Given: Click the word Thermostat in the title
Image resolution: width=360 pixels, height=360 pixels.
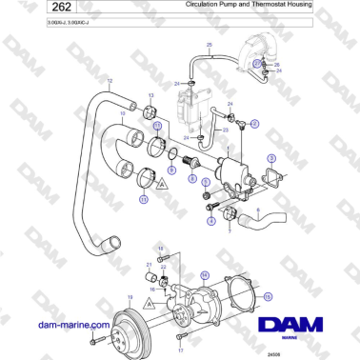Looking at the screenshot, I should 269,6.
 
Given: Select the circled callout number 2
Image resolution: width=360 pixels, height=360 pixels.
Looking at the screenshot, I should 253,124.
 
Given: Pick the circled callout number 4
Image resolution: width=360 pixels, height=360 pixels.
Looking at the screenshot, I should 210,222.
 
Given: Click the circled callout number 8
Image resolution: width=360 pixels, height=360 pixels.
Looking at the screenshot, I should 192,178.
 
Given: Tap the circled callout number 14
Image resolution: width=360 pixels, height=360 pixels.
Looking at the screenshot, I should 202,276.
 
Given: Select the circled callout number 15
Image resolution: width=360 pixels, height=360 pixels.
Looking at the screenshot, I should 268,296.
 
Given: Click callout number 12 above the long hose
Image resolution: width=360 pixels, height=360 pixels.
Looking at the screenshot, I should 110,81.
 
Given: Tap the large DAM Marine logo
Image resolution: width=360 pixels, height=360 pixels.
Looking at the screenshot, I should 295,330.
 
